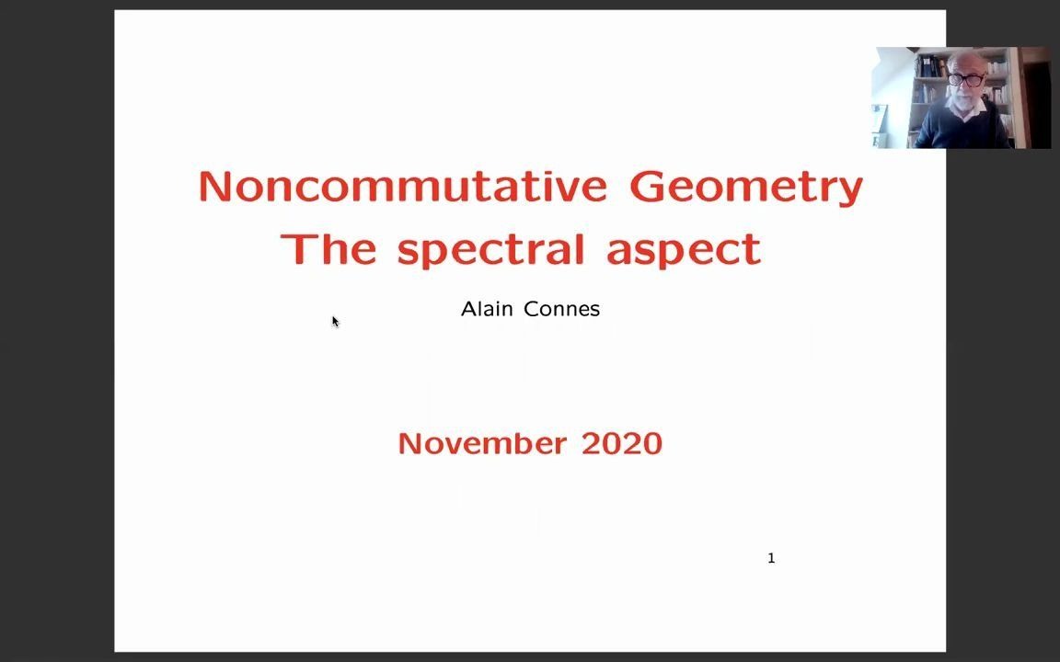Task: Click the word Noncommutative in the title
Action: [x=403, y=187]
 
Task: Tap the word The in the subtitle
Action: [x=328, y=249]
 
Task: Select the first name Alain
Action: [x=488, y=309]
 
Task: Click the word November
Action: [x=482, y=443]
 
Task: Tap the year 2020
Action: [x=622, y=443]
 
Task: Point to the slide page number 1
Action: [x=771, y=558]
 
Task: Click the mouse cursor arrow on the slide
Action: [x=335, y=321]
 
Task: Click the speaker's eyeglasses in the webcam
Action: [x=964, y=80]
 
